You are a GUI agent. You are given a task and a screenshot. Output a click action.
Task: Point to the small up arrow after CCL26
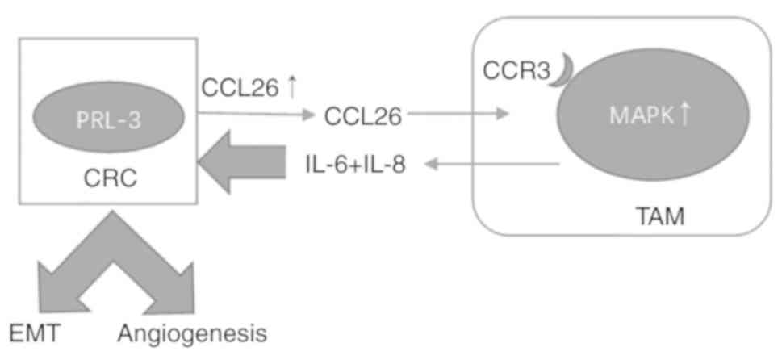point(292,86)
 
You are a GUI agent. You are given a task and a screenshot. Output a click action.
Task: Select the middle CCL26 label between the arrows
point(363,117)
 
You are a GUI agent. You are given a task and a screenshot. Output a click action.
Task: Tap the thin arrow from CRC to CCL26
point(254,114)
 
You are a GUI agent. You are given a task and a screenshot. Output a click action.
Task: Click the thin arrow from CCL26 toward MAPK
point(460,115)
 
